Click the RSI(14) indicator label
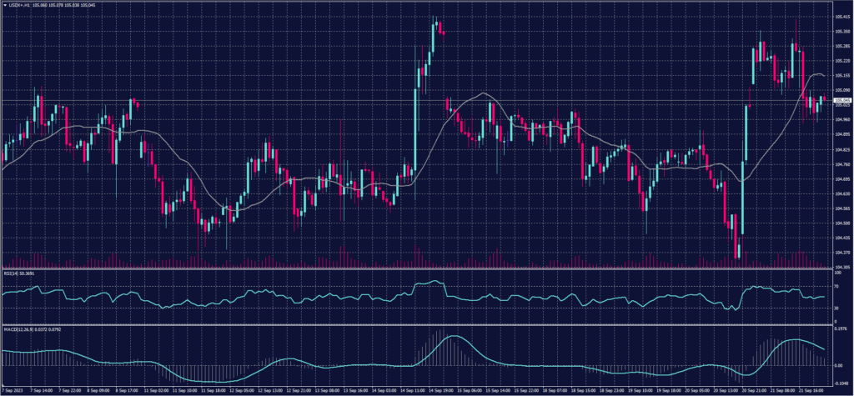tap(18, 272)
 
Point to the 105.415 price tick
tap(840, 16)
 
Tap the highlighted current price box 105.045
tap(841, 101)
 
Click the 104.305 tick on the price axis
tap(840, 266)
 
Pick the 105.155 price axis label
tap(840, 75)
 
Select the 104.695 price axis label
tap(840, 178)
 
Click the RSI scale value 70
tap(835, 286)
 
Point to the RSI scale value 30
tap(835, 308)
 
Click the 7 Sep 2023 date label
tap(14, 389)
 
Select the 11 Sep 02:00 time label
tap(158, 389)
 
